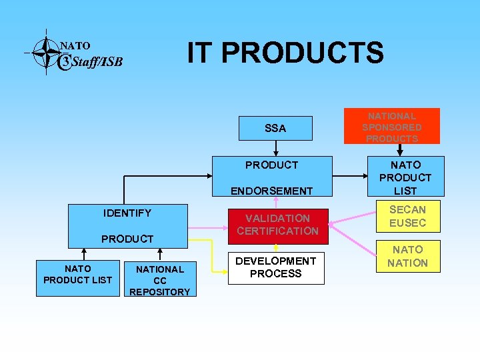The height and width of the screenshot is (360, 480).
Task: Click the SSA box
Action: pos(275,128)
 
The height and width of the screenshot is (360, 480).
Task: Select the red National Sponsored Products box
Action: pos(392,126)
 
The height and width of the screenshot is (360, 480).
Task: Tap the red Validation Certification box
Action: pos(277,225)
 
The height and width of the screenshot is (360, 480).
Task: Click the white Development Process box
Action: pos(276,268)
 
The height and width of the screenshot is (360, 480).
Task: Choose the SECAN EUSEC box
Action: pos(407,216)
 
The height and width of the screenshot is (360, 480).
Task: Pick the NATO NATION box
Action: pos(407,256)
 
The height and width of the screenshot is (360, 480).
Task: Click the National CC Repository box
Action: pos(159,279)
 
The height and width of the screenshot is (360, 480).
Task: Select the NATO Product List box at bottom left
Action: pos(77,274)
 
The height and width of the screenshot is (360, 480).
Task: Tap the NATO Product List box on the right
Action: pos(405,177)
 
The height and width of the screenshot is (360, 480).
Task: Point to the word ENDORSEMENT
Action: pos(271,191)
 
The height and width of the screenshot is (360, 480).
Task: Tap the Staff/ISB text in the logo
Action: pos(96,63)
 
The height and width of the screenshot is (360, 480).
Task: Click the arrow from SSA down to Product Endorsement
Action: pos(275,148)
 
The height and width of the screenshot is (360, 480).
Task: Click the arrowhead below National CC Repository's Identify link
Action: pos(159,252)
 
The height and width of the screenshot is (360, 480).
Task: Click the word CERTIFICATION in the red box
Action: pos(277,231)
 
